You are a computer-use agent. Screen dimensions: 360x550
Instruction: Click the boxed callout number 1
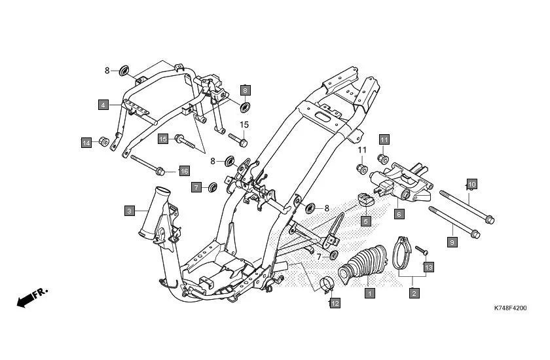pos(369,294)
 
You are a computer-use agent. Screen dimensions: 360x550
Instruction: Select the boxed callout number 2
pos(414,294)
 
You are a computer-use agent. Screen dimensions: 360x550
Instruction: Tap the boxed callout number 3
pos(130,211)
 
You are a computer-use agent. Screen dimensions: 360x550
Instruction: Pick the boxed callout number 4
pos(103,105)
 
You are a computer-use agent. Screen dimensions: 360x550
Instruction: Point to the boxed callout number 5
pos(365,221)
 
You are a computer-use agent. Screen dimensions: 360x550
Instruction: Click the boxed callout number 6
pos(397,214)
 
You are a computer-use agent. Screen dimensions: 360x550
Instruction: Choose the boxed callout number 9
pos(451,242)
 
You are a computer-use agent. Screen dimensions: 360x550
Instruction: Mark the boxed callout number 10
pos(471,183)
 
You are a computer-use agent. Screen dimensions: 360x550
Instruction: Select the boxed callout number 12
pos(335,303)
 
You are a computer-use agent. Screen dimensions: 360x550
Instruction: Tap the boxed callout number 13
pos(429,267)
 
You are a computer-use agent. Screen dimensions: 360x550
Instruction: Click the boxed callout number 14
pos(86,143)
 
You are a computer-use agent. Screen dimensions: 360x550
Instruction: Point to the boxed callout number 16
pos(184,171)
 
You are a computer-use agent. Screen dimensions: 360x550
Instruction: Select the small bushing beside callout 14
pos(103,141)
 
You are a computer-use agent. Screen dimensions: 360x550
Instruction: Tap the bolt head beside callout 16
pos(160,171)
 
